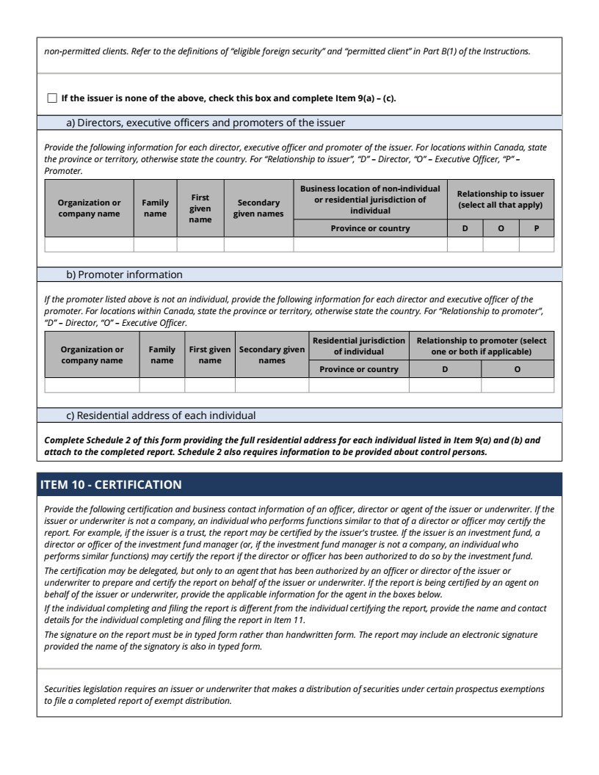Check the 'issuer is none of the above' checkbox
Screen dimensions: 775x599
pos(51,98)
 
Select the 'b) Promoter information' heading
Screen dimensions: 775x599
pos(124,274)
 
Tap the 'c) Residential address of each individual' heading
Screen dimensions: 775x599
pos(161,415)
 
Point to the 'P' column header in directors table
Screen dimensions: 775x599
pos(537,228)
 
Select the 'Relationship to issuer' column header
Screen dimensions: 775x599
pos(501,199)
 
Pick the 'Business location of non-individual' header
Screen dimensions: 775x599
pos(370,199)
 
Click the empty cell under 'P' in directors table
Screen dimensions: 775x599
pos(537,244)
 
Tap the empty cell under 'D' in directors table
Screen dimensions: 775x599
pos(465,244)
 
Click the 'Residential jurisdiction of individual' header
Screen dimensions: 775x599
pos(359,346)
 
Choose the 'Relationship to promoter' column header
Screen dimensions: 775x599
pos(481,346)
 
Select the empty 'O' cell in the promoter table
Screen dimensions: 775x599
pos(518,385)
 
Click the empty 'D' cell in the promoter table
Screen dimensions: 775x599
pos(445,385)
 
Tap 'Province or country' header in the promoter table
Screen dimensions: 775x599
pos(359,369)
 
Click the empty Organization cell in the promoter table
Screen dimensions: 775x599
pos(92,385)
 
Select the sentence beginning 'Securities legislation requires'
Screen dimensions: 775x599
pos(294,694)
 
